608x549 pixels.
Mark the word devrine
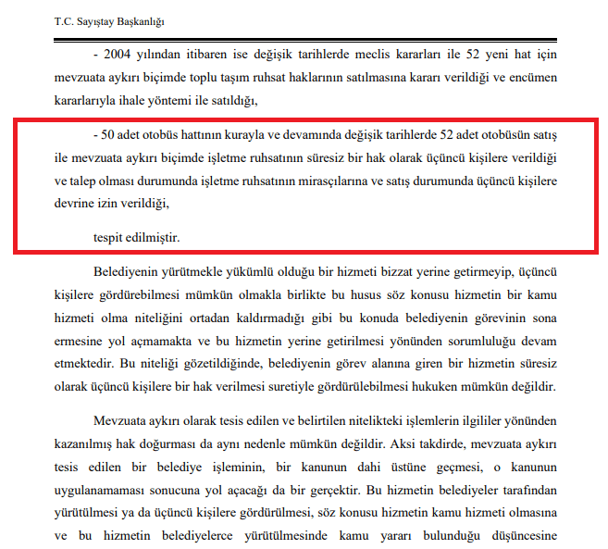coord(76,203)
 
